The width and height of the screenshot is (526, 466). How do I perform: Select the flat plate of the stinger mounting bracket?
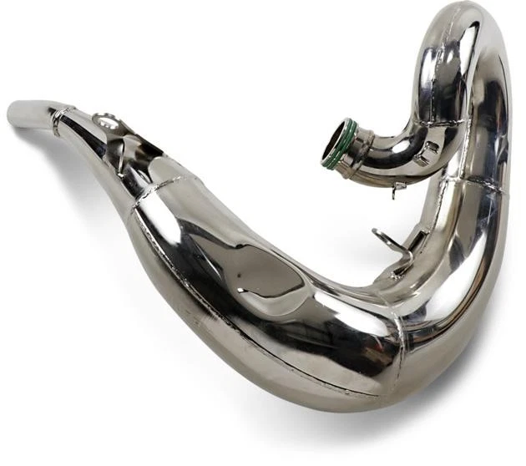tap(125, 134)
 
